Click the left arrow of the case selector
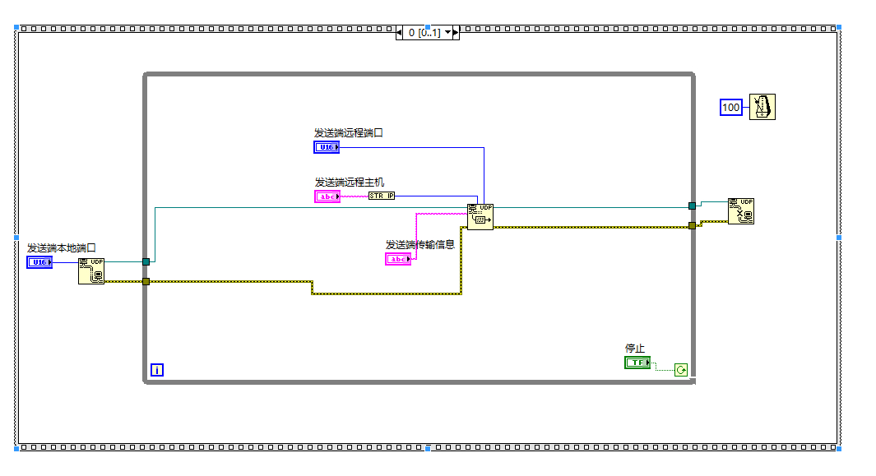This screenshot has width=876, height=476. tap(400, 33)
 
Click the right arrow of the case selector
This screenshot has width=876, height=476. tap(455, 33)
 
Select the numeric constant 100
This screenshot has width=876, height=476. tap(731, 108)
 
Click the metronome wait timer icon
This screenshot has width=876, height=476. tap(762, 107)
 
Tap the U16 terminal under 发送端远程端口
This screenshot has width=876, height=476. tap(327, 147)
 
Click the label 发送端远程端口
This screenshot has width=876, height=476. tap(349, 132)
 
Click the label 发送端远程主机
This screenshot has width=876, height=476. tap(349, 182)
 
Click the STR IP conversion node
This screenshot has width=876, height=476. tap(381, 196)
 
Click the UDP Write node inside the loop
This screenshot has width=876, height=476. tap(480, 217)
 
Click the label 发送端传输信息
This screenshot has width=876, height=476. tap(419, 244)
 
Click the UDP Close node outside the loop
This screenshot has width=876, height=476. tap(740, 211)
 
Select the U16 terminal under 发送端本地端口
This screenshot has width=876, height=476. tap(39, 262)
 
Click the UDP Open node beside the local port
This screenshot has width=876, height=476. tap(91, 271)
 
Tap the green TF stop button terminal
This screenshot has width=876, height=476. tap(637, 363)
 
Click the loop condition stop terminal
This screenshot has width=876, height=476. tap(681, 370)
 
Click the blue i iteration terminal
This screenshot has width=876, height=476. tap(157, 370)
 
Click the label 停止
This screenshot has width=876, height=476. tap(635, 348)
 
